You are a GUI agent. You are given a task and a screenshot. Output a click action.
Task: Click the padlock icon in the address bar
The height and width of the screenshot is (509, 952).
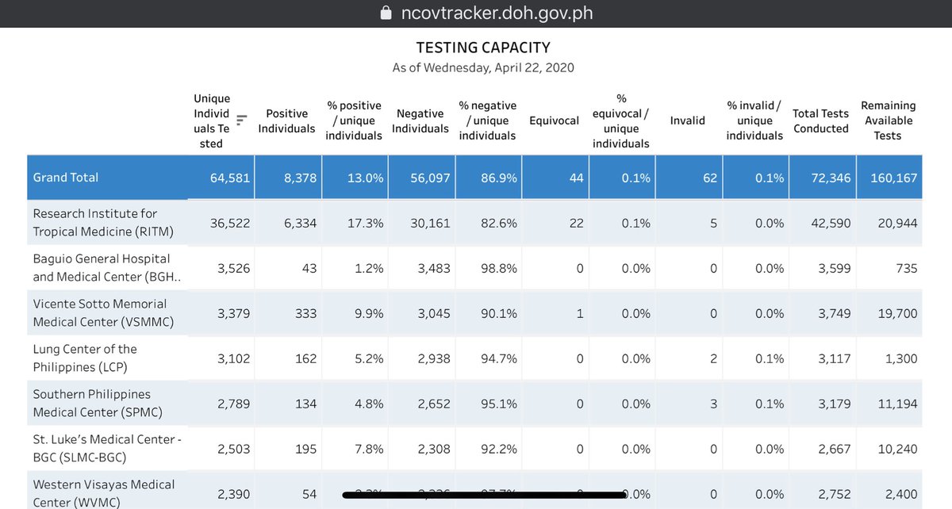(x=386, y=13)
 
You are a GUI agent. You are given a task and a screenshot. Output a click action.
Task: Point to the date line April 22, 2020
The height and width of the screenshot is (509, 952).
(x=483, y=67)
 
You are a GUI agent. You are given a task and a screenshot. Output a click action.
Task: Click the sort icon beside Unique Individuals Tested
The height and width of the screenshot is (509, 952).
(x=242, y=121)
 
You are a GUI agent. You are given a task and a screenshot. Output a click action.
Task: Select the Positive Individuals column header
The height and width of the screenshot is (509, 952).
(x=286, y=121)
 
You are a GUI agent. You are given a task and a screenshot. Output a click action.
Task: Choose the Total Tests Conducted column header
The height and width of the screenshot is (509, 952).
(x=821, y=121)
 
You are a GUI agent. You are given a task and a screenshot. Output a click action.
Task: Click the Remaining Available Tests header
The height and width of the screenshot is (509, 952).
(x=888, y=121)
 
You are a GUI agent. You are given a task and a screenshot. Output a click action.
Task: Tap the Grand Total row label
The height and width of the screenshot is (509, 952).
(x=66, y=178)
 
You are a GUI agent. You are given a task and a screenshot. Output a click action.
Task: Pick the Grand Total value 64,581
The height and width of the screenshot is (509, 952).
(x=230, y=178)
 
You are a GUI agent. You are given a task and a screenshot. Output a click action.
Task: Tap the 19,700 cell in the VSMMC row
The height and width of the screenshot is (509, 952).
(x=897, y=314)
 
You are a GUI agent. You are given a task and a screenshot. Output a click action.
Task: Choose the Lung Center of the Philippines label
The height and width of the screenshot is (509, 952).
(x=85, y=358)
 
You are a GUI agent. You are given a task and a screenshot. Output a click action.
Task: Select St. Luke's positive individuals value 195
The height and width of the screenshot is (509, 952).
(x=305, y=450)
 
